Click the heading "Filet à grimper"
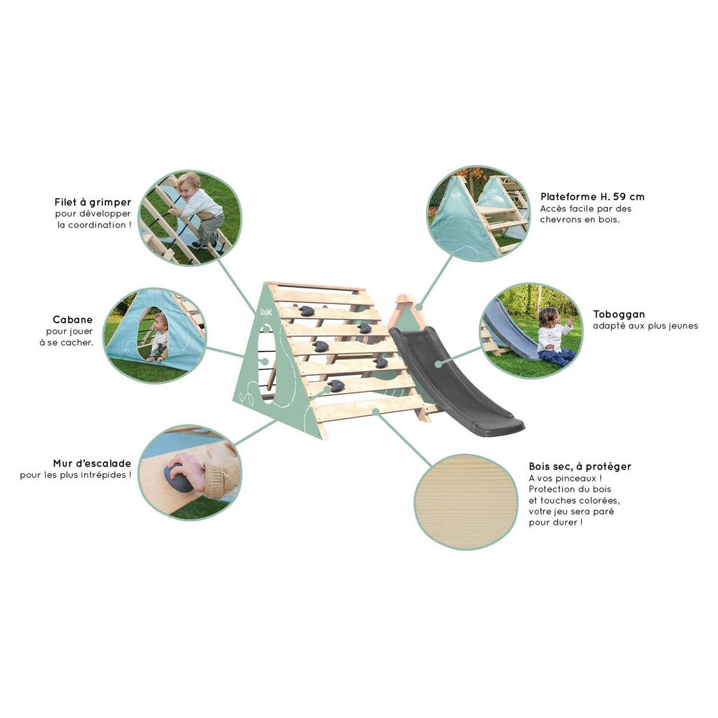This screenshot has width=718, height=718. (93, 203)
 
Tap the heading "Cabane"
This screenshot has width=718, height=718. (72, 320)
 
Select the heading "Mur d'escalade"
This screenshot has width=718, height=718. (92, 464)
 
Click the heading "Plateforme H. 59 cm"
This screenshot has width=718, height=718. (592, 197)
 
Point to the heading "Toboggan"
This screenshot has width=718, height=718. (619, 315)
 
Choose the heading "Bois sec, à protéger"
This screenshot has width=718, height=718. (580, 467)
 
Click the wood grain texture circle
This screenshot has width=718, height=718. (466, 501)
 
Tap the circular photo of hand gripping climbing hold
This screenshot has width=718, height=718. (190, 473)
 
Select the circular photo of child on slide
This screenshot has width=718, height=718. (531, 330)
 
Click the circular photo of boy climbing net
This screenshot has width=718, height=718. (190, 218)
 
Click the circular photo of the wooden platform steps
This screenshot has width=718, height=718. (478, 214)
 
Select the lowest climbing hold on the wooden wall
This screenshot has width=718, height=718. (336, 386)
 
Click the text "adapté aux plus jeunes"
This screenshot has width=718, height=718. (646, 326)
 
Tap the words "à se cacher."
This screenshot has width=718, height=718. (66, 343)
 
